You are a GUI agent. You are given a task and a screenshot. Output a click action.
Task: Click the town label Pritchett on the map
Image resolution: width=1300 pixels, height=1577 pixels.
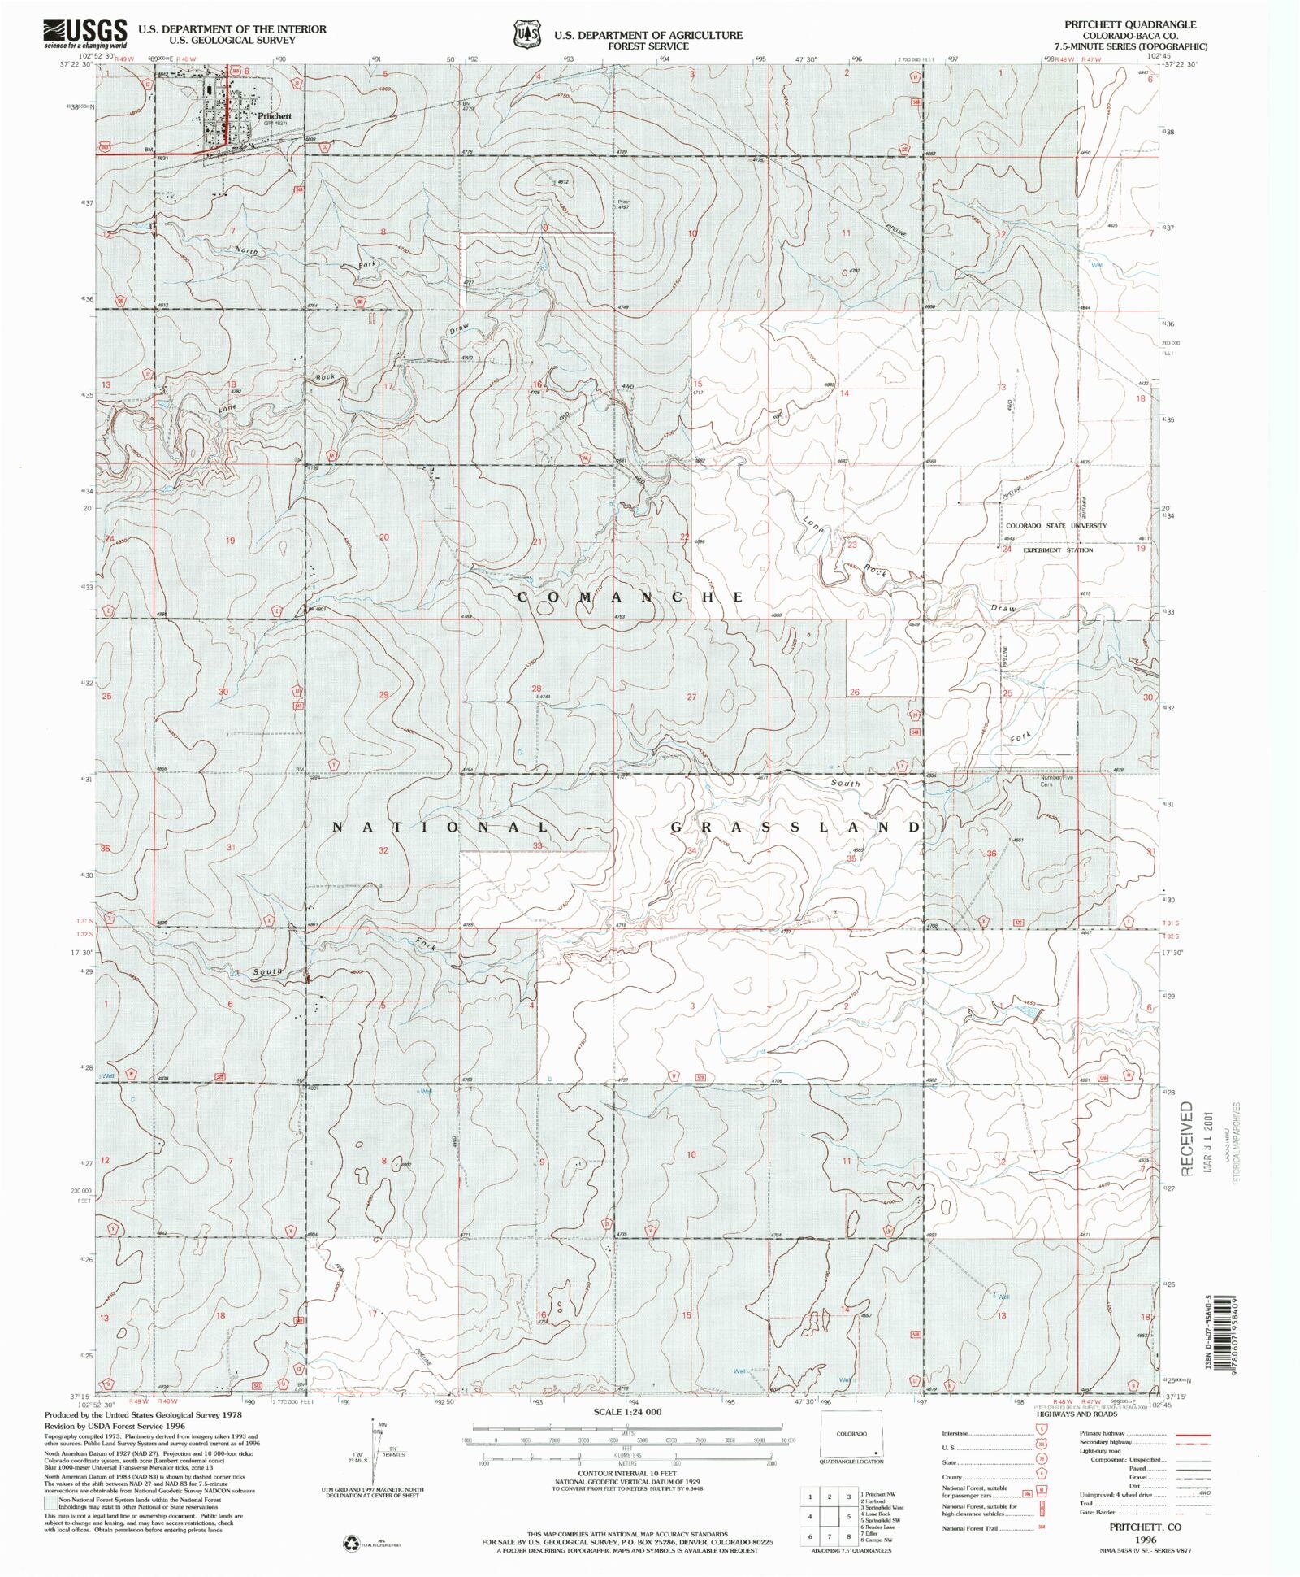tap(274, 116)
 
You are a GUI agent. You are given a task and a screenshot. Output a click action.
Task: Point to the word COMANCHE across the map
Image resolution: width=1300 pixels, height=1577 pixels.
tap(630, 597)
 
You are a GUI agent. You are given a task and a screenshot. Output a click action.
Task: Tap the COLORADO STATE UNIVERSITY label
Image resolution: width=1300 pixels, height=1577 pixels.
tap(1056, 525)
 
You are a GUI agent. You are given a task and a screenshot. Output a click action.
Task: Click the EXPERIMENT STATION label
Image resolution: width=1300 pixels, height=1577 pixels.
tap(1058, 550)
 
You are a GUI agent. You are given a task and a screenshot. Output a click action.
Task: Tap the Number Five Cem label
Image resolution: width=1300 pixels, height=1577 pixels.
tap(1057, 780)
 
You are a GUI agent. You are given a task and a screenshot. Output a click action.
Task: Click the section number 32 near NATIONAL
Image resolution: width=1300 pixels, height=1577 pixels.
tap(383, 850)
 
